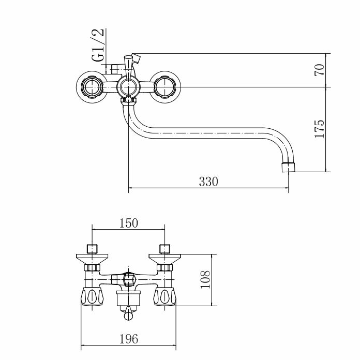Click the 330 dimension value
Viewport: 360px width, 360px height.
coord(208,182)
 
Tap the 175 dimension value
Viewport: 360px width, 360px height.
coord(319,129)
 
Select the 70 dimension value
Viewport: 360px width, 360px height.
coord(319,70)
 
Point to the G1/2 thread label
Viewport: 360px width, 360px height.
coord(98,45)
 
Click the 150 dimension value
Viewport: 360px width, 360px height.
coord(129,223)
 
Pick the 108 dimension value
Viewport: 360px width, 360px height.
coord(205,279)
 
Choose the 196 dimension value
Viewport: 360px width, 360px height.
coord(129,339)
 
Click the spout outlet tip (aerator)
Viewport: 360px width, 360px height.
coord(288,167)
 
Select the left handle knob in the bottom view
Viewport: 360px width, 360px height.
coord(92,297)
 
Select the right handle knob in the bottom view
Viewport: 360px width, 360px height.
coord(164,297)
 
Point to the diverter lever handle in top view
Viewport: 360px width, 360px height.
coord(128,67)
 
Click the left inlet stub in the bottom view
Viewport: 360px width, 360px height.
coord(92,249)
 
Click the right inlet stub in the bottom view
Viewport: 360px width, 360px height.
coord(164,249)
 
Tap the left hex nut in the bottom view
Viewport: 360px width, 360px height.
coord(92,267)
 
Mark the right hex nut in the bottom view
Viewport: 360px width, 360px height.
coord(164,267)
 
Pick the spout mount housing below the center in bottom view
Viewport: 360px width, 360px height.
coord(128,298)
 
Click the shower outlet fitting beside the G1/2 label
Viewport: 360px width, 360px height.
coord(114,68)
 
